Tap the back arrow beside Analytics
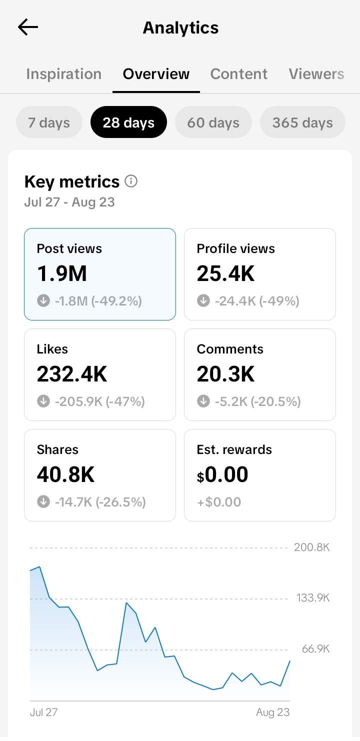tap(28, 27)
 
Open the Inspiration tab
tap(64, 74)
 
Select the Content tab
tap(239, 74)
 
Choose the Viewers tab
tap(316, 74)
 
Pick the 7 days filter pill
tap(49, 122)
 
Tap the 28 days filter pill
tap(128, 122)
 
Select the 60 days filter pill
tap(213, 122)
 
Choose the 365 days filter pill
tap(303, 122)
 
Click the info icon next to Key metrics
tap(131, 181)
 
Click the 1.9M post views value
tap(62, 273)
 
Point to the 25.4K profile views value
tap(225, 273)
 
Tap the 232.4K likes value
tap(72, 374)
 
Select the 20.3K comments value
tap(225, 374)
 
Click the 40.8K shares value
tap(65, 474)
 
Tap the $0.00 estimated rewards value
tap(222, 474)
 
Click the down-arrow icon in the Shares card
tap(43, 501)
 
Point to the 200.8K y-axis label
tap(312, 547)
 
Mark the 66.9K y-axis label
tap(316, 649)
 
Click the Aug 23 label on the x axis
tap(273, 712)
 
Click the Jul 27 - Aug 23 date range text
tap(69, 202)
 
